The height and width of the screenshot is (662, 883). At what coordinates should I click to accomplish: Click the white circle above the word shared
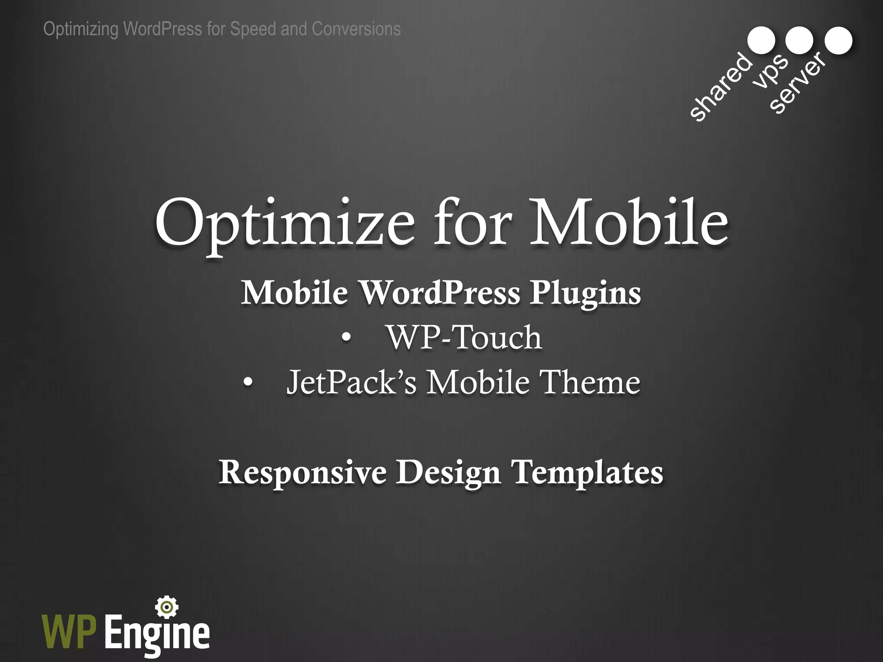[x=761, y=40]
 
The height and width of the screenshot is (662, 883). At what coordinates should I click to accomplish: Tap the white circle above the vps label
[x=799, y=40]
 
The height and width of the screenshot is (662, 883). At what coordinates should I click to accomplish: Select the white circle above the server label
[x=838, y=40]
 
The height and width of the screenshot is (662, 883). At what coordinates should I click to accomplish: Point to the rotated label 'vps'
[x=771, y=71]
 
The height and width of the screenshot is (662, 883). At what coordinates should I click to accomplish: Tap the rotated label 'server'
[x=798, y=83]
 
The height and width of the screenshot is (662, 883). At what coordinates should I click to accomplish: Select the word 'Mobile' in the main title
[x=629, y=223]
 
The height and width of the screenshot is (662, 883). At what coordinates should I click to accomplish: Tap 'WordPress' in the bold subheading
[x=440, y=293]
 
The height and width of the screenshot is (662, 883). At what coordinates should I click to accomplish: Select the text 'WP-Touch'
[x=464, y=337]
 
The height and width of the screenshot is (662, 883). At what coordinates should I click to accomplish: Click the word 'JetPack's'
[x=352, y=382]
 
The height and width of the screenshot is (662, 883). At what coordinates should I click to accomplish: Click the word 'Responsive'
[x=302, y=473]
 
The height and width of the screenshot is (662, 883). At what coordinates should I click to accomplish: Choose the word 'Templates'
[x=587, y=473]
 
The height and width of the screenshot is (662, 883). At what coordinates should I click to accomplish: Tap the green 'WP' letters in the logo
[x=69, y=632]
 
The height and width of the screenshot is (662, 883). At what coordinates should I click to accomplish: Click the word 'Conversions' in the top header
[x=356, y=29]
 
